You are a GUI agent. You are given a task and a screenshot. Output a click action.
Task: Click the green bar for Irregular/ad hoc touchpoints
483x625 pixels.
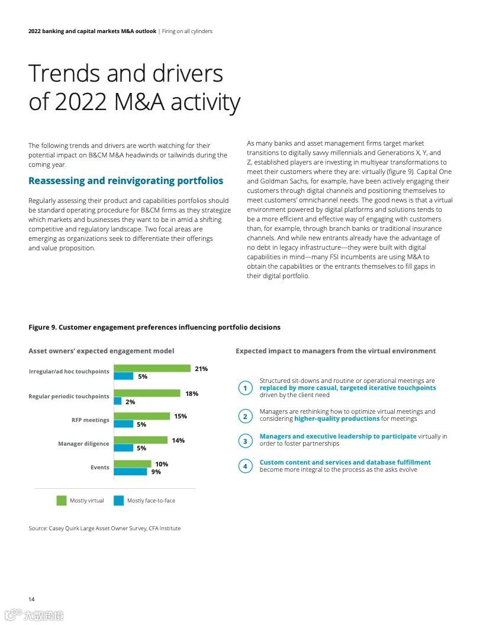152,368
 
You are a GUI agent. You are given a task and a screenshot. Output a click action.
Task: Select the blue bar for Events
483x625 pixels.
130,472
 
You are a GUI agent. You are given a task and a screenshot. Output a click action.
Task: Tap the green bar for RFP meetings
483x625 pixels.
141,416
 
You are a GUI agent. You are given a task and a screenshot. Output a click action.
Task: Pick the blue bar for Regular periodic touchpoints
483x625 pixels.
118,401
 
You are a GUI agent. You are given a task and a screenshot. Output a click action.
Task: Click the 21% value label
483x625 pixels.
201,369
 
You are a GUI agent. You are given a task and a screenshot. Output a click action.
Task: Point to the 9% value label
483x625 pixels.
156,472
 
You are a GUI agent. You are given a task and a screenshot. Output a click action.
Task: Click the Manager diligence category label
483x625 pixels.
83,444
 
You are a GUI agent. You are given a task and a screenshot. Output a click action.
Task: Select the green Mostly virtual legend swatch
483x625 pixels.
62,501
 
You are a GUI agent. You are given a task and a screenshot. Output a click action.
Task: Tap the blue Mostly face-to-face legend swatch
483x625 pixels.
119,501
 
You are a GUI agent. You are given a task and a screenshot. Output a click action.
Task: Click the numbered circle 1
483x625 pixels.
245,388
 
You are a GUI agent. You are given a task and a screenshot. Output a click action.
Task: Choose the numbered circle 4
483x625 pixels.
245,466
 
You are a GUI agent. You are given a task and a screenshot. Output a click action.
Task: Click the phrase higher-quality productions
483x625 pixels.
337,418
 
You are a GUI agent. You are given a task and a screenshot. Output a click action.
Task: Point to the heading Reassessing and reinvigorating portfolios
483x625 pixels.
126,181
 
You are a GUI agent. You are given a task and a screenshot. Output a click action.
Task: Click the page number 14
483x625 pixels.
31,599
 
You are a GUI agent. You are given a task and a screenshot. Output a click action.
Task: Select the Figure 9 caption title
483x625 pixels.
154,327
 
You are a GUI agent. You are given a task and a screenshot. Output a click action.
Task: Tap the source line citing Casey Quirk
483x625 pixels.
105,528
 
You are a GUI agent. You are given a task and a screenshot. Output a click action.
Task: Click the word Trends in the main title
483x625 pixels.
63,73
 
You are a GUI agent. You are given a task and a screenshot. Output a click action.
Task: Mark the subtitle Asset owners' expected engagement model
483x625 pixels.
101,351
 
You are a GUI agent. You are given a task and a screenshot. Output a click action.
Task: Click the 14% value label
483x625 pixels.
178,440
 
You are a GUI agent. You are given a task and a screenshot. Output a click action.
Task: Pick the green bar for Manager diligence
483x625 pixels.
140,440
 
